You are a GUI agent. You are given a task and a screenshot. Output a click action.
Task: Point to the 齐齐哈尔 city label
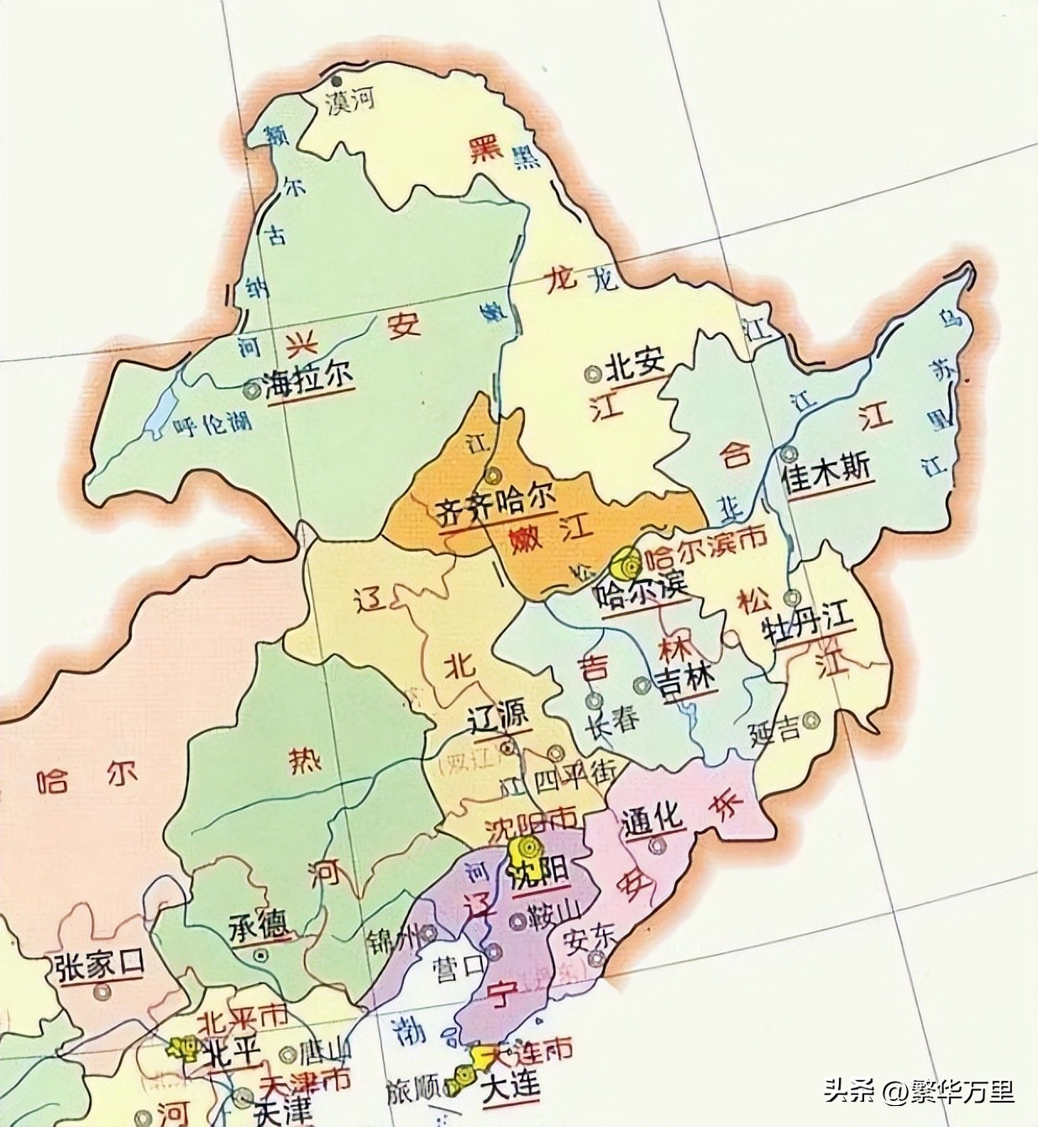(496, 509)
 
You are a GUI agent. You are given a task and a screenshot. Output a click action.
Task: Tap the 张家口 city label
(97, 966)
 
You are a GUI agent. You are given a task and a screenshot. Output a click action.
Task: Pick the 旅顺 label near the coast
(413, 1092)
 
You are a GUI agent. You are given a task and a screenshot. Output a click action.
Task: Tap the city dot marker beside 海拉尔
(250, 389)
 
